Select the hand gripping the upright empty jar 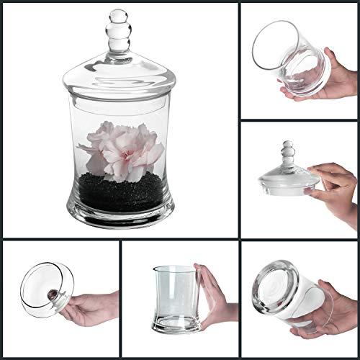click(216, 299)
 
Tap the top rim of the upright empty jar click(176, 269)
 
